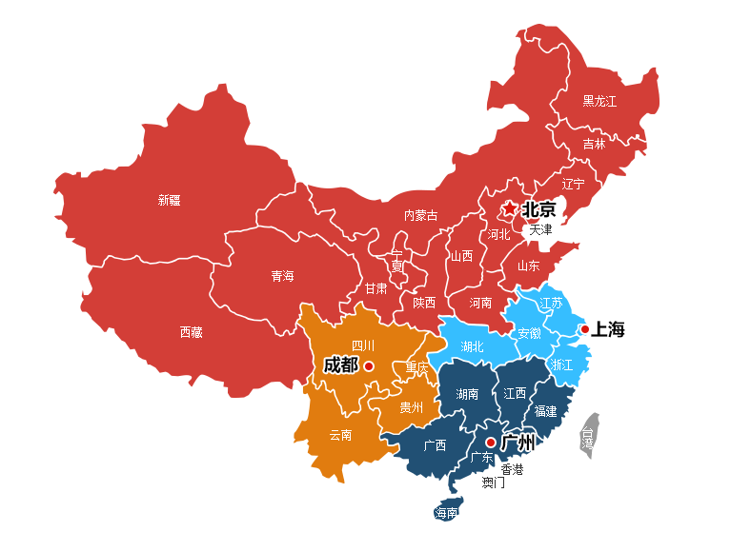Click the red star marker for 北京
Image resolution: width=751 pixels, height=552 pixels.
pyautogui.click(x=510, y=208)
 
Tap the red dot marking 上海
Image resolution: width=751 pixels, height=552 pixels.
pyautogui.click(x=584, y=329)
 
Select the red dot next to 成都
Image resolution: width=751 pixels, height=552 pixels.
pyautogui.click(x=369, y=365)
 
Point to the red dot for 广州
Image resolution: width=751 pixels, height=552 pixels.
pyautogui.click(x=490, y=443)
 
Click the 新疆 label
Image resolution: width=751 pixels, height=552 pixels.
pyautogui.click(x=169, y=200)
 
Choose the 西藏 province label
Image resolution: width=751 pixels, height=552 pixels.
pyautogui.click(x=191, y=332)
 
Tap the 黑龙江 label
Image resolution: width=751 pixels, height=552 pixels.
pyautogui.click(x=599, y=100)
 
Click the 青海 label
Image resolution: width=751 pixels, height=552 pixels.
pyautogui.click(x=282, y=276)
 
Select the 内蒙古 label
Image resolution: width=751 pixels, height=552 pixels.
pyautogui.click(x=420, y=215)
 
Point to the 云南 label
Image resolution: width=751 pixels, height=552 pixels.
pyautogui.click(x=340, y=435)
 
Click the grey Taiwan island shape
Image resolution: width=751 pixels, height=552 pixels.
pyautogui.click(x=591, y=436)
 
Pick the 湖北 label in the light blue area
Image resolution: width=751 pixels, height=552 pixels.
pyautogui.click(x=472, y=345)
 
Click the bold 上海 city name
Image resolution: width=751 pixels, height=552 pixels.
pyautogui.click(x=608, y=329)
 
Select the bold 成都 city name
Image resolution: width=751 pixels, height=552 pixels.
pyautogui.click(x=340, y=365)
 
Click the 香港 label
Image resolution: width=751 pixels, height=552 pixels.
pyautogui.click(x=512, y=469)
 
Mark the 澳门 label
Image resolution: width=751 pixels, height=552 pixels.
pyautogui.click(x=493, y=483)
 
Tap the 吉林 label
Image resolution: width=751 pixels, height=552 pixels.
pyautogui.click(x=594, y=144)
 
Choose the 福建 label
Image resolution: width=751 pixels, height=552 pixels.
pyautogui.click(x=545, y=411)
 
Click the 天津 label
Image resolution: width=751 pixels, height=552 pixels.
pyautogui.click(x=540, y=229)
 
